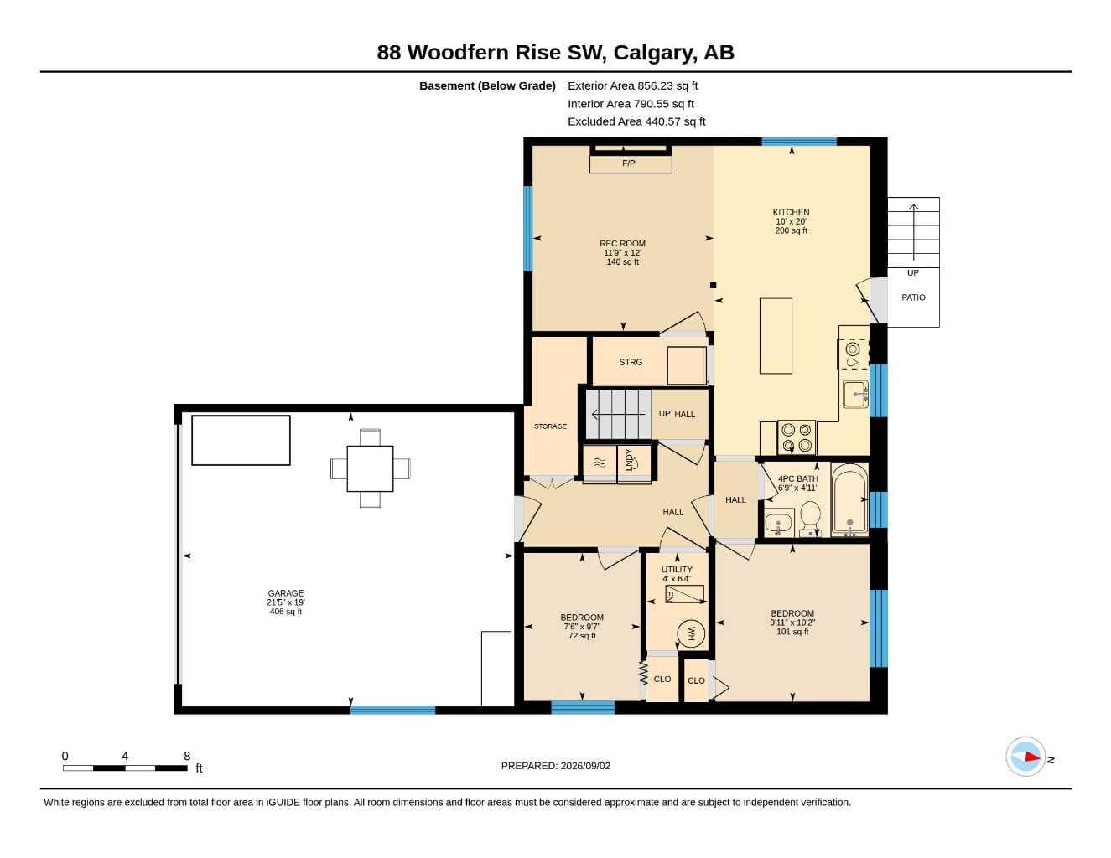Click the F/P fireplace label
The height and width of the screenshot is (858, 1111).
(628, 163)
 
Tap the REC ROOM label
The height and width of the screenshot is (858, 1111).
(622, 244)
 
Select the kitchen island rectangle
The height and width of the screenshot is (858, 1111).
(776, 336)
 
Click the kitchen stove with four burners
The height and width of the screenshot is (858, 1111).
(797, 437)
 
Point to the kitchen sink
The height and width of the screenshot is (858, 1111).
(855, 395)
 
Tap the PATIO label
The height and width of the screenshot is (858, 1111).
(913, 297)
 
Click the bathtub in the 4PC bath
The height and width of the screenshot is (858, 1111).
(849, 500)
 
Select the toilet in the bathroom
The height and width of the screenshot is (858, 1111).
(810, 517)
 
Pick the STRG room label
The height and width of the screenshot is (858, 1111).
(631, 362)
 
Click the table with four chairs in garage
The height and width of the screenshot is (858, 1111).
(370, 469)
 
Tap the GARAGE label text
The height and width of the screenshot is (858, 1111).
(286, 593)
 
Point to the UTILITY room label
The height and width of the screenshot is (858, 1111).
(677, 570)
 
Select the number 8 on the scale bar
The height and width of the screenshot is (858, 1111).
(187, 756)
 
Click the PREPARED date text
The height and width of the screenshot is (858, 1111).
(556, 766)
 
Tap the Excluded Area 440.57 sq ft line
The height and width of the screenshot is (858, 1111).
(636, 121)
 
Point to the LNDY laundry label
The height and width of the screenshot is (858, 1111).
(628, 459)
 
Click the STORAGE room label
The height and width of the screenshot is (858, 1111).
(550, 426)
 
